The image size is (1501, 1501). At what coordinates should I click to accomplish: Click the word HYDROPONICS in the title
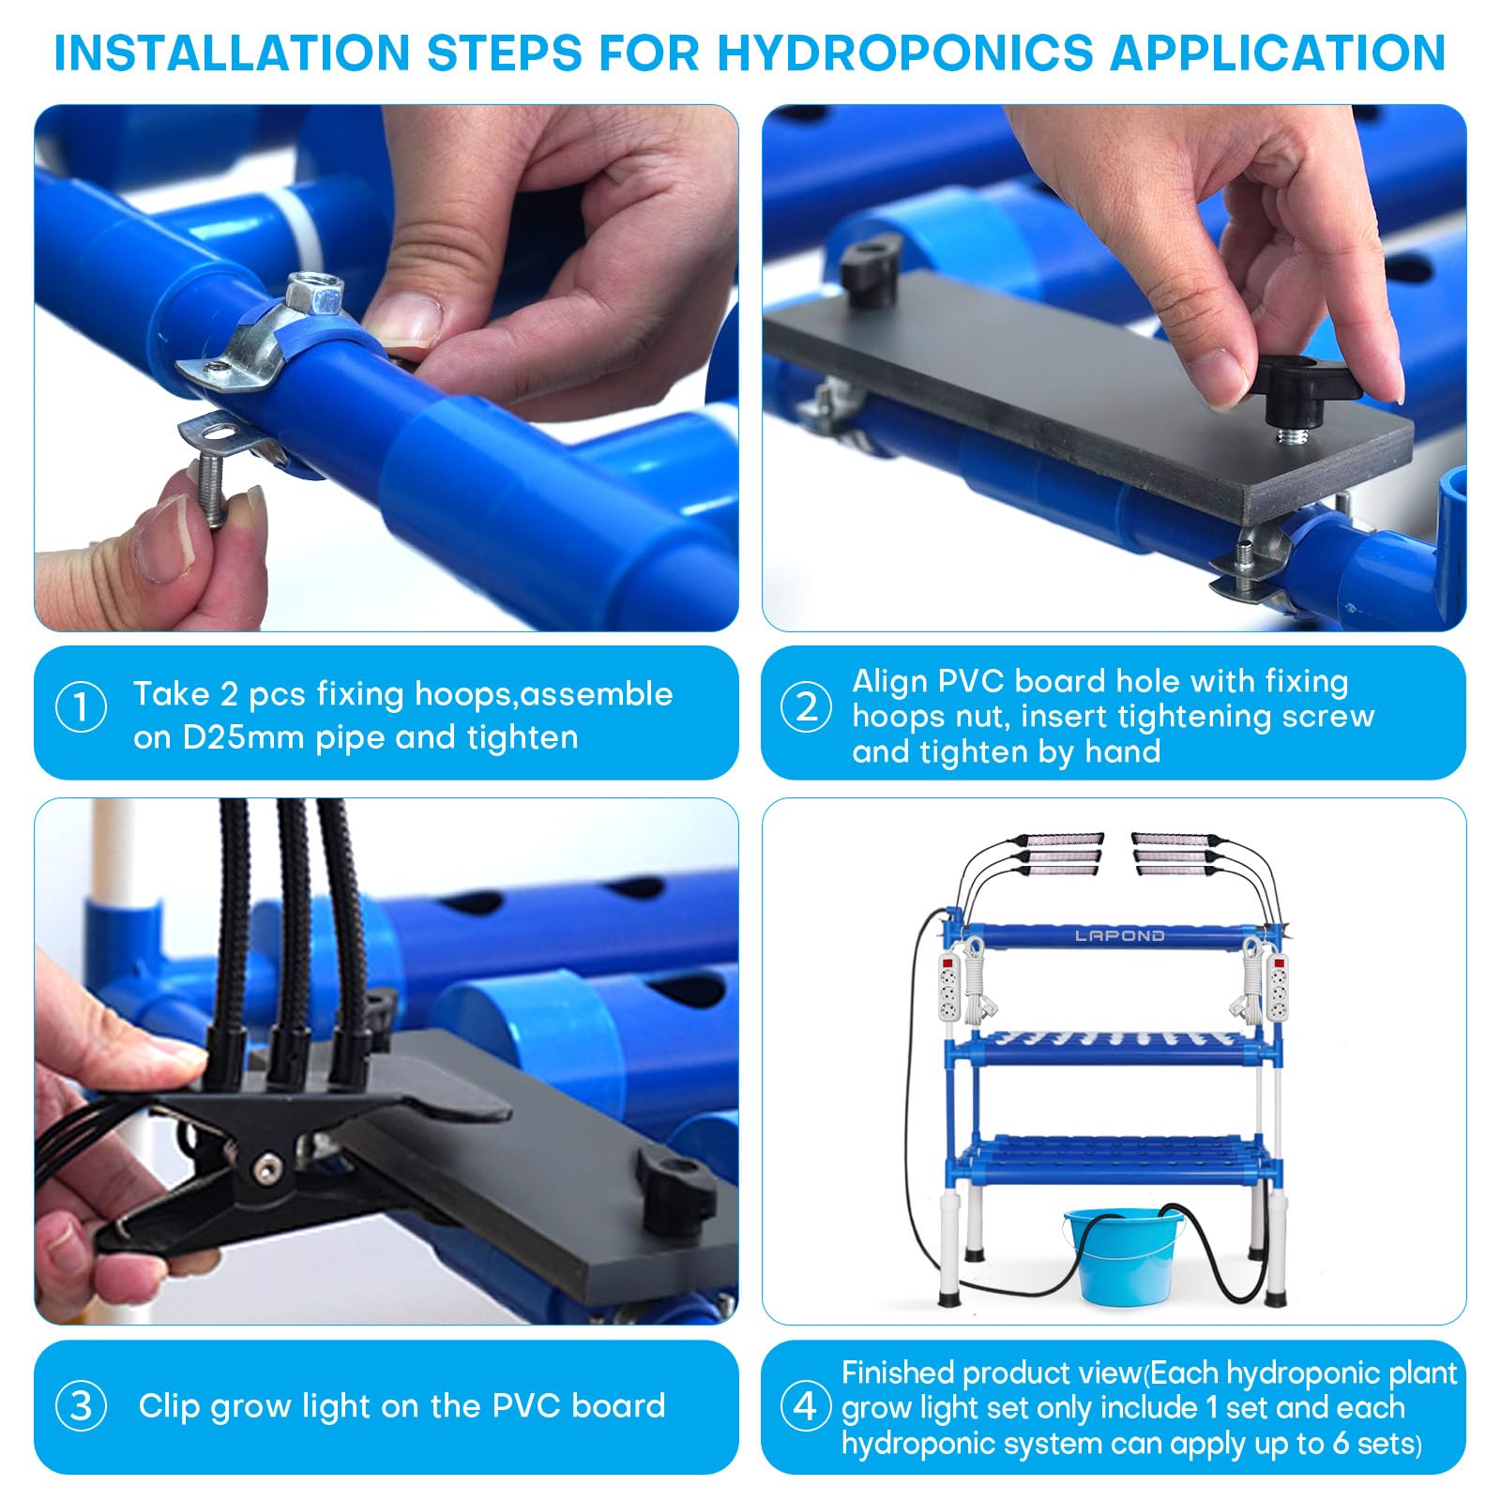[x=904, y=53]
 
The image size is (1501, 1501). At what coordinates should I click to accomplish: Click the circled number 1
[x=82, y=706]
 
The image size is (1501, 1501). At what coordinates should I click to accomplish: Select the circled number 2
[x=807, y=706]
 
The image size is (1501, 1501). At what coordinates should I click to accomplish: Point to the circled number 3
[x=82, y=1405]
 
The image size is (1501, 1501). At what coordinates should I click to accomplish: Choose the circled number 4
[x=807, y=1405]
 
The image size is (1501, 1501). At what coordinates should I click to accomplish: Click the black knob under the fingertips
[x=1309, y=389]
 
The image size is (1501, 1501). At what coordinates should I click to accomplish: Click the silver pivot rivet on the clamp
[x=270, y=1167]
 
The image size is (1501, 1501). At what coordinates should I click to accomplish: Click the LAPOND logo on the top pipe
[x=1119, y=935]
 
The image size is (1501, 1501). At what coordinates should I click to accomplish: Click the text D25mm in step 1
[x=243, y=737]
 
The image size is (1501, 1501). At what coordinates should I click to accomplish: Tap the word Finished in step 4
[x=898, y=1372]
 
